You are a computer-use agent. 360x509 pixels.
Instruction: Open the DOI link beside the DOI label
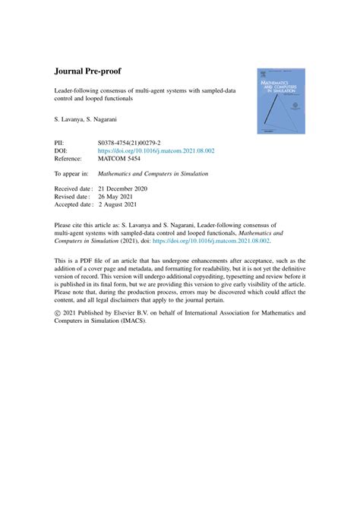(x=156, y=151)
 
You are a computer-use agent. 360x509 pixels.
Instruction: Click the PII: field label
(x=62, y=142)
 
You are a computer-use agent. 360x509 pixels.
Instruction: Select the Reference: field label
(x=71, y=160)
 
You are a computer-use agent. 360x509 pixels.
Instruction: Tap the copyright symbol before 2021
(x=58, y=312)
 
